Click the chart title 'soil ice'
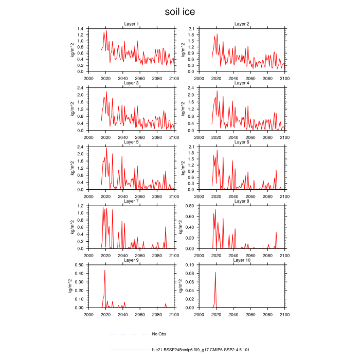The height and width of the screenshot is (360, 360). coord(180,11)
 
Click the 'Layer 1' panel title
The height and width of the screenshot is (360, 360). coord(131,24)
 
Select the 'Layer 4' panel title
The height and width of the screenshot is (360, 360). coord(242,83)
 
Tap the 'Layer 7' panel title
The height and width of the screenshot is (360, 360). coord(131,201)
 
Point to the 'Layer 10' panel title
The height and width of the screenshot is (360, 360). coord(242,260)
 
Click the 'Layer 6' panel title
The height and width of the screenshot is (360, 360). coord(242,142)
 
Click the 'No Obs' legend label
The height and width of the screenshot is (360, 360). coord(159,334)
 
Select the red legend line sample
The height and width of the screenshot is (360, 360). coord(130,350)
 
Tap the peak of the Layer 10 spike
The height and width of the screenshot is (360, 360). coord(215,272)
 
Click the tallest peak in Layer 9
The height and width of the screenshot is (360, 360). coord(105,270)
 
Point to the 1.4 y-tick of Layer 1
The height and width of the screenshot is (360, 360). coord(81,28)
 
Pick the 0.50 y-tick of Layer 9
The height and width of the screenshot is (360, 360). coord(80,265)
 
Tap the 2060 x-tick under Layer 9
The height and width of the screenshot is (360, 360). coord(140,314)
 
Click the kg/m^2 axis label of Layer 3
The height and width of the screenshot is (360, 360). coord(73,109)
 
